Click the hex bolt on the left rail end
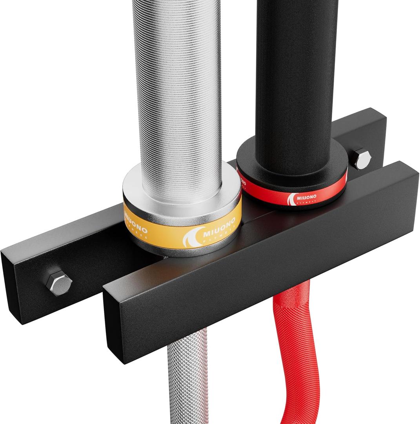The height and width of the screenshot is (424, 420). pos(59,282)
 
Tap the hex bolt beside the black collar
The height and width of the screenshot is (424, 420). pos(361,159)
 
